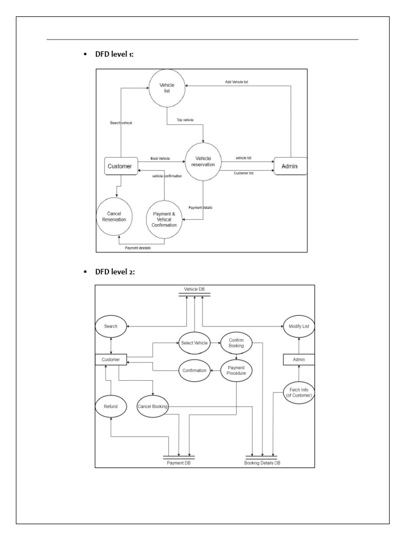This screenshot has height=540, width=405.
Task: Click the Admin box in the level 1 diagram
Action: pos(290,167)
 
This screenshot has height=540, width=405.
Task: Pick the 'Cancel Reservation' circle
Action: pos(114,217)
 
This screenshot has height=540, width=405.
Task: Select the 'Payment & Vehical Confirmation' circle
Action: pos(165,218)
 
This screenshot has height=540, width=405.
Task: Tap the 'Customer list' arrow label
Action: pos(244,173)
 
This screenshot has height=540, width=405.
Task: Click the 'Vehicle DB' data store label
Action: pos(194,290)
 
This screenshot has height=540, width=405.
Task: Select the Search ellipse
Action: pos(111,326)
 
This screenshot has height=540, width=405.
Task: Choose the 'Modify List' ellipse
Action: pos(299,326)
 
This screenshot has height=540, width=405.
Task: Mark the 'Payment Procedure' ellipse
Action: pos(236,370)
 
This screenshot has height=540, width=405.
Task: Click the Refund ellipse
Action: pos(111,407)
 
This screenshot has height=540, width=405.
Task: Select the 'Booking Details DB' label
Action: pos(262,463)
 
